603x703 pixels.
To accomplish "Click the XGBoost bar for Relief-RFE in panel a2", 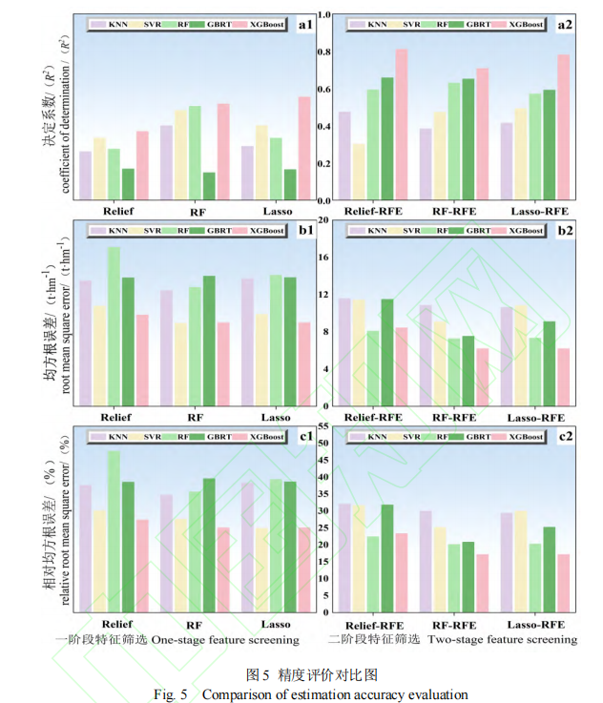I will coord(402,125).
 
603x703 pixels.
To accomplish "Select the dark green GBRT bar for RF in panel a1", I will coord(209,187).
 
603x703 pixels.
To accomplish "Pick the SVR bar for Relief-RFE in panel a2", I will coord(358,173).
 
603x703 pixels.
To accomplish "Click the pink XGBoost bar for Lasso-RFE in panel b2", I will coord(564,377).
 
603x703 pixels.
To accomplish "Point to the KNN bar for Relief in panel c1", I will coord(85,548).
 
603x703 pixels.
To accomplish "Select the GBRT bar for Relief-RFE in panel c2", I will coord(387,558).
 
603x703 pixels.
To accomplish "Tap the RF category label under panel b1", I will coord(196,418).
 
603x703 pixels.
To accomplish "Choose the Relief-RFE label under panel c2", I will coord(373,625).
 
